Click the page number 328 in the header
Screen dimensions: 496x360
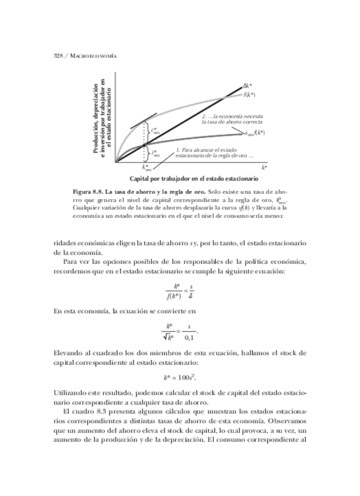57,56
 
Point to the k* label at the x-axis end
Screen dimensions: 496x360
264,167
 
